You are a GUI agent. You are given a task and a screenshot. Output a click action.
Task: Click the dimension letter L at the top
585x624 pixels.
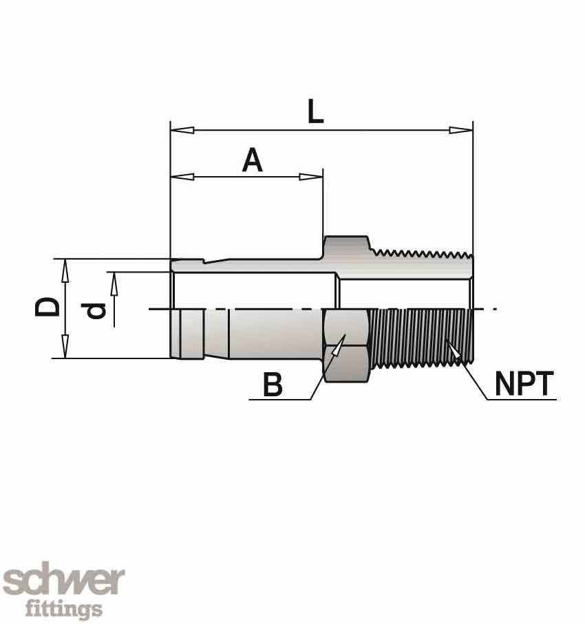(x=315, y=111)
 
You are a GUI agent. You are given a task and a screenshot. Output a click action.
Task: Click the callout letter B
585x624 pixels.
(x=273, y=385)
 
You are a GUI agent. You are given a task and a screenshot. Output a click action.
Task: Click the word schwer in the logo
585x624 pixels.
(x=63, y=582)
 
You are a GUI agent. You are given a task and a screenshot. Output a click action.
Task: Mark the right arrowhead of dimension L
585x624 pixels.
(x=461, y=129)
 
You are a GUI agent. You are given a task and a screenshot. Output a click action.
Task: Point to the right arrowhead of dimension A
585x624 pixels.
(x=311, y=177)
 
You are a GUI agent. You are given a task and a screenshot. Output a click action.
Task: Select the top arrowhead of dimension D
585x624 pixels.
(x=65, y=271)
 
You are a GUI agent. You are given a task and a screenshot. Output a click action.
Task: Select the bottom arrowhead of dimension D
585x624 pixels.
(x=65, y=346)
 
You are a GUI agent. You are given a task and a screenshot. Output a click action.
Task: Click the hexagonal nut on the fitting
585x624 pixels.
(x=346, y=345)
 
